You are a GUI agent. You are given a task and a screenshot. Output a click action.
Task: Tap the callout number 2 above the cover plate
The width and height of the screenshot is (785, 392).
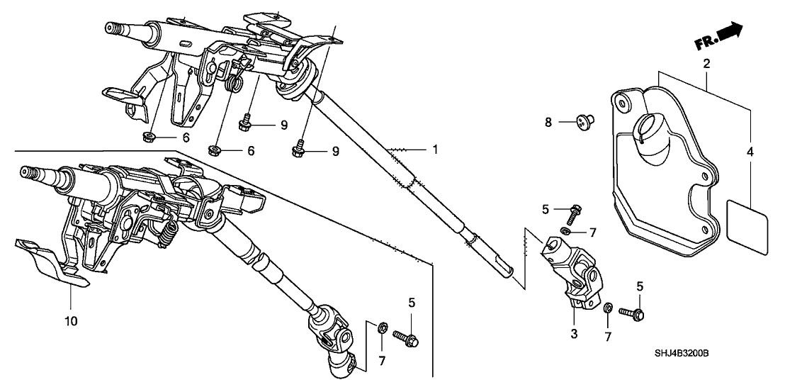point(706,64)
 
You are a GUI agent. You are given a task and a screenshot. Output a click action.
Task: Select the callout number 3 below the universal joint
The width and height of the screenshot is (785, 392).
point(574,332)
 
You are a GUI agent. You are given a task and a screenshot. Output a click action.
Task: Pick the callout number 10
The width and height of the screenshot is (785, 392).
point(72,320)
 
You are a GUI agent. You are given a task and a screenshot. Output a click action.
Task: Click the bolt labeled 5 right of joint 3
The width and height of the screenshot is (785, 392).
point(631,312)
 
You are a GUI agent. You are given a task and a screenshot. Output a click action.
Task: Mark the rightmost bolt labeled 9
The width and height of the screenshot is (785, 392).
point(298,150)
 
